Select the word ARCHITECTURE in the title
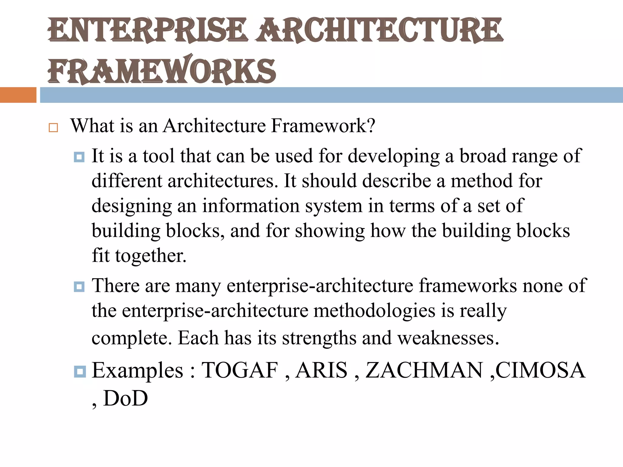pos(379,30)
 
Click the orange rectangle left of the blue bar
pos(18,95)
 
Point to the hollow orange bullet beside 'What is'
pos(53,128)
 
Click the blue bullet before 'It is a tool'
pos(79,157)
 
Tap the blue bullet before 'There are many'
pos(79,287)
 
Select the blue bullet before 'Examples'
pos(80,371)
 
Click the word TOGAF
pos(240,371)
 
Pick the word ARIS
pos(321,371)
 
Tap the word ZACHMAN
pos(424,371)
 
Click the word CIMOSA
pos(540,371)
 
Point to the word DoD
pos(125,399)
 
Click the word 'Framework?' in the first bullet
pos(323,126)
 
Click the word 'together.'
pos(151,256)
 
